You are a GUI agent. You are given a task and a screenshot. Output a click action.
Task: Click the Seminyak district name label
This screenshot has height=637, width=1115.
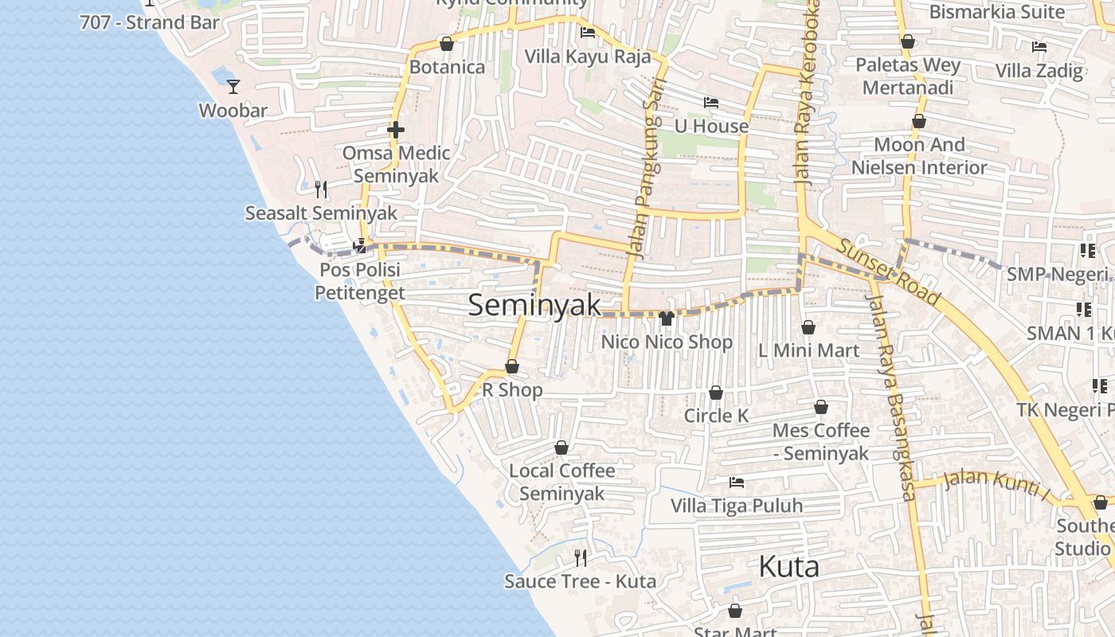click(534, 305)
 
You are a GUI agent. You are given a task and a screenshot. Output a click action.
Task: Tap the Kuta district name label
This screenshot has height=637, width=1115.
click(788, 566)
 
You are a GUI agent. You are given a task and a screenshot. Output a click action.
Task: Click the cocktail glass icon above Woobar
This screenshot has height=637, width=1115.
click(233, 86)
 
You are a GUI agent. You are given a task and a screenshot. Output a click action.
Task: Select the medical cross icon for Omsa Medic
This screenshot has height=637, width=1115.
click(396, 130)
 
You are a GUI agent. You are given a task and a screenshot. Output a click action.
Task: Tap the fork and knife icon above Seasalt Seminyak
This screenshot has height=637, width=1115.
click(321, 189)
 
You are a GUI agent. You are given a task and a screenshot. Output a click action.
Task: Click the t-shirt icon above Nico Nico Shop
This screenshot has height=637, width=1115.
click(667, 318)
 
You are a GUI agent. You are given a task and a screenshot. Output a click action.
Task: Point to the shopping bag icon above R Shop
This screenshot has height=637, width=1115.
click(512, 366)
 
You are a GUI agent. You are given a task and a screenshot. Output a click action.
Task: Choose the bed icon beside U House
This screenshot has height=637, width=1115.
click(711, 103)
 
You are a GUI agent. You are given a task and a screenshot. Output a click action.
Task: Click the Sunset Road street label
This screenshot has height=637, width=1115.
click(890, 271)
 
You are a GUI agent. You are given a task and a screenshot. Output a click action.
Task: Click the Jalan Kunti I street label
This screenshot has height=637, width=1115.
click(996, 483)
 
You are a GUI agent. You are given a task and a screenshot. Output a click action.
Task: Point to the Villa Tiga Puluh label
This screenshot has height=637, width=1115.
click(737, 506)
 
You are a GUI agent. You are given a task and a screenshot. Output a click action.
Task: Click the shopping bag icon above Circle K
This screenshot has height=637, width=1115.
click(716, 393)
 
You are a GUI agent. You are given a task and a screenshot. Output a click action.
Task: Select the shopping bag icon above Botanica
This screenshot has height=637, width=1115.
click(447, 44)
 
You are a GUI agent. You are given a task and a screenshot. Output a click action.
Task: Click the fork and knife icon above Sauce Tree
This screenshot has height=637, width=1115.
click(581, 557)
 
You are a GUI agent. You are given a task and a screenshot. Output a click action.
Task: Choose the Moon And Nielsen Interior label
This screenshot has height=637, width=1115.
click(919, 156)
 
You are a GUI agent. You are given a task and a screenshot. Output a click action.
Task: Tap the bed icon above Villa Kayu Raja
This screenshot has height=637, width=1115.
click(588, 33)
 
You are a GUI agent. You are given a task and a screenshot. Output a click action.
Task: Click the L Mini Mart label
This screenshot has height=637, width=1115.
click(808, 350)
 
